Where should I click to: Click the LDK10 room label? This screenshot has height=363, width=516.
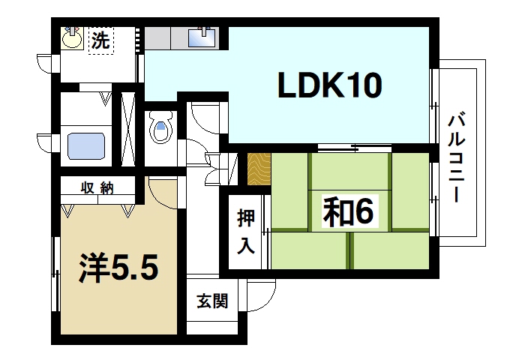331,87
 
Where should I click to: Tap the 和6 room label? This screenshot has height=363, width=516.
347,213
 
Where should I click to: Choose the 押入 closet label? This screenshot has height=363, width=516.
245,231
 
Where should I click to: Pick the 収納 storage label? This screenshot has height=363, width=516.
97,188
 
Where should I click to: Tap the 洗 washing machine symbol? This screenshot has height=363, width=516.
99,40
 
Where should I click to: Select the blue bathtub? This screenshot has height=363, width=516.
86,145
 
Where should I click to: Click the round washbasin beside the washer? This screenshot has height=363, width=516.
73,38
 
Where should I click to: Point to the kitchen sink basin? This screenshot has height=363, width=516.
202,37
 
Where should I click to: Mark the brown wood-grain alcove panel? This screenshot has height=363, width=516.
259,169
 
